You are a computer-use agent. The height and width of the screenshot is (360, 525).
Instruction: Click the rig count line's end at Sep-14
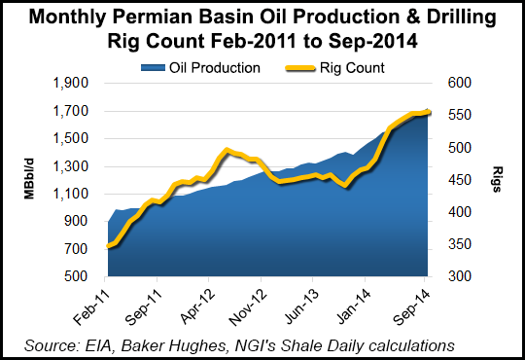(x=430, y=112)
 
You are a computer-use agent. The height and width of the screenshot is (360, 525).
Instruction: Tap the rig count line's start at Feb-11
(x=107, y=247)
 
